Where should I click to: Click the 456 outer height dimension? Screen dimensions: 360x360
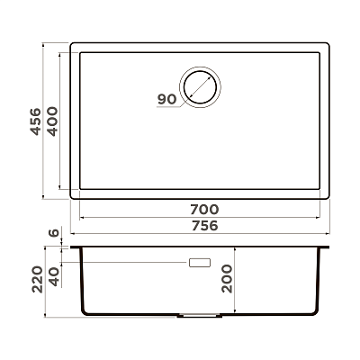[35, 121]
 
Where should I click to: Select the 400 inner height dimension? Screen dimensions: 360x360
[53, 121]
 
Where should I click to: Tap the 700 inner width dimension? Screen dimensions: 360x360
[204, 210]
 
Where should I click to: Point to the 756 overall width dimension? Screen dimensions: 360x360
[204, 226]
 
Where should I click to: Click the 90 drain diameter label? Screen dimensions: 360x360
[166, 99]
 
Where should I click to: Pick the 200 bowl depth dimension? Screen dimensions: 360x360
[227, 278]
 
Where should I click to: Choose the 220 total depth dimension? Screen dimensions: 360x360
[38, 279]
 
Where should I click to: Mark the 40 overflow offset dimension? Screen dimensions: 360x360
[54, 277]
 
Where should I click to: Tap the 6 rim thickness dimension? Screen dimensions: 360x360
[54, 233]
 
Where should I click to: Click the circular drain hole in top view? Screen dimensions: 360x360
[200, 87]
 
